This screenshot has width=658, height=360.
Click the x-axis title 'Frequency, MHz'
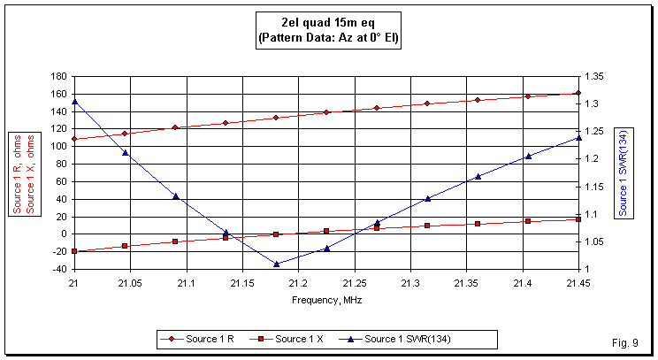click(x=326, y=300)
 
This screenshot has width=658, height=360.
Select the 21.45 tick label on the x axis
click(x=578, y=283)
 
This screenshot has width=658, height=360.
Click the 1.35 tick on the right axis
click(x=593, y=77)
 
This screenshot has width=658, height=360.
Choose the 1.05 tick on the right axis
click(x=593, y=241)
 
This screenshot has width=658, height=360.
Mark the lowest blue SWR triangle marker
click(x=276, y=264)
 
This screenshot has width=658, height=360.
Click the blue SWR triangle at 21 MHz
click(x=74, y=101)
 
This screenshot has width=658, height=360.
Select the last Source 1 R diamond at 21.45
click(x=578, y=93)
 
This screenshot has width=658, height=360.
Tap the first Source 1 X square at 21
click(x=74, y=251)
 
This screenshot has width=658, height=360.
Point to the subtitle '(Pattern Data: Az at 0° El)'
click(x=327, y=39)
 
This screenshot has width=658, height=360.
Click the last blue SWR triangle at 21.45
click(x=578, y=138)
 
